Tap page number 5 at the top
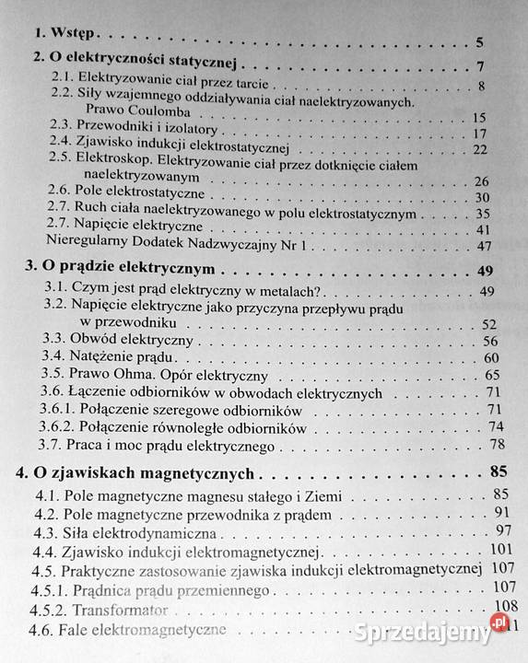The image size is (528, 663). [481, 42]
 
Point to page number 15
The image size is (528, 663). [478, 117]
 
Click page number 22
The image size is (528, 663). [480, 149]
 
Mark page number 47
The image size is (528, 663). [484, 246]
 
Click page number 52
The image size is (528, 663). [487, 324]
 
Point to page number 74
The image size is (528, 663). [496, 426]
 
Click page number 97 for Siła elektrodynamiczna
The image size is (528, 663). [502, 531]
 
